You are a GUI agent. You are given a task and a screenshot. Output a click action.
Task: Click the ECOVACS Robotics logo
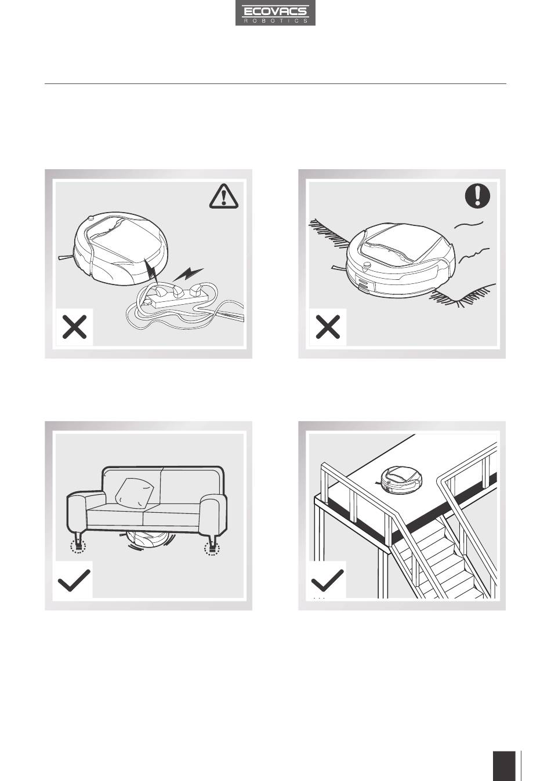(x=275, y=13)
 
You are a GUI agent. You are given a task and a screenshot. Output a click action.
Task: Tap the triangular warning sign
(x=224, y=196)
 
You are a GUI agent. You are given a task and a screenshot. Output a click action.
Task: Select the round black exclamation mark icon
(x=477, y=196)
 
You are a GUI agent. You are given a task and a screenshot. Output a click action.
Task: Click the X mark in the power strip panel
(x=74, y=327)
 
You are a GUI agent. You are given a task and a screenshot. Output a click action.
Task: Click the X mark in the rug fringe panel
(x=328, y=327)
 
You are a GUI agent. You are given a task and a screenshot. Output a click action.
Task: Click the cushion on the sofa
(x=135, y=492)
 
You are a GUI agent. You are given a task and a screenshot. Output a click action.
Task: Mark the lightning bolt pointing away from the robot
(x=188, y=273)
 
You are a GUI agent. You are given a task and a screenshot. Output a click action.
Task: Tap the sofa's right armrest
(x=213, y=515)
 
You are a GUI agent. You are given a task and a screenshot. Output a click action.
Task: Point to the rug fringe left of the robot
(x=329, y=233)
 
